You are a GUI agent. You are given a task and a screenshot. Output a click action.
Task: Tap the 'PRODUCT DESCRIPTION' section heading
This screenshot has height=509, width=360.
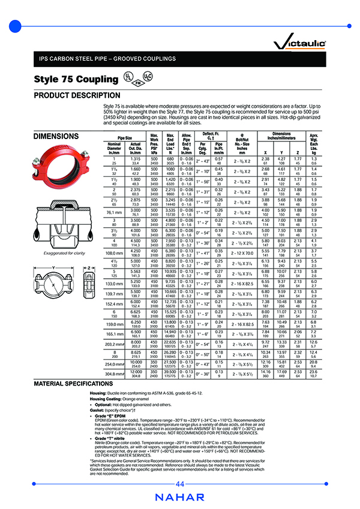coord(77,95)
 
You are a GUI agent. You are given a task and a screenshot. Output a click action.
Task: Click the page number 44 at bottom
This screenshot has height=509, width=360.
coord(179,484)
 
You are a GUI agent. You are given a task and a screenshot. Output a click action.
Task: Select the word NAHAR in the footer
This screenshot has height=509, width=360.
coord(179,497)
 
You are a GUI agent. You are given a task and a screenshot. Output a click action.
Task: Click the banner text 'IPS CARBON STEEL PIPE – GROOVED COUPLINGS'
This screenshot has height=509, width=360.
coord(108,59)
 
